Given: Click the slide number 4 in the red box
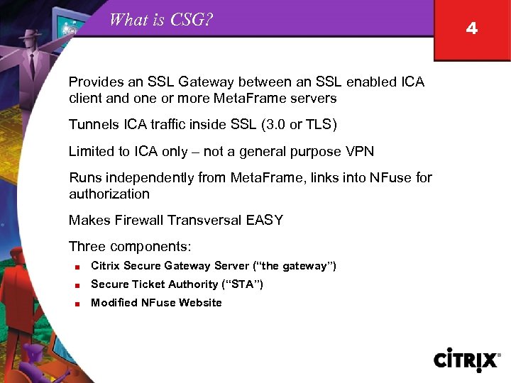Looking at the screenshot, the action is (472, 29).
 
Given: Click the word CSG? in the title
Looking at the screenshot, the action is (192, 20).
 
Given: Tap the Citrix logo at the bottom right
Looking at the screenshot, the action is (466, 360).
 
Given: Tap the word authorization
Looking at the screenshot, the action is (109, 194).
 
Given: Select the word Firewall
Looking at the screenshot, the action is (140, 221).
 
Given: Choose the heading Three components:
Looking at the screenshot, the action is (131, 247).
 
